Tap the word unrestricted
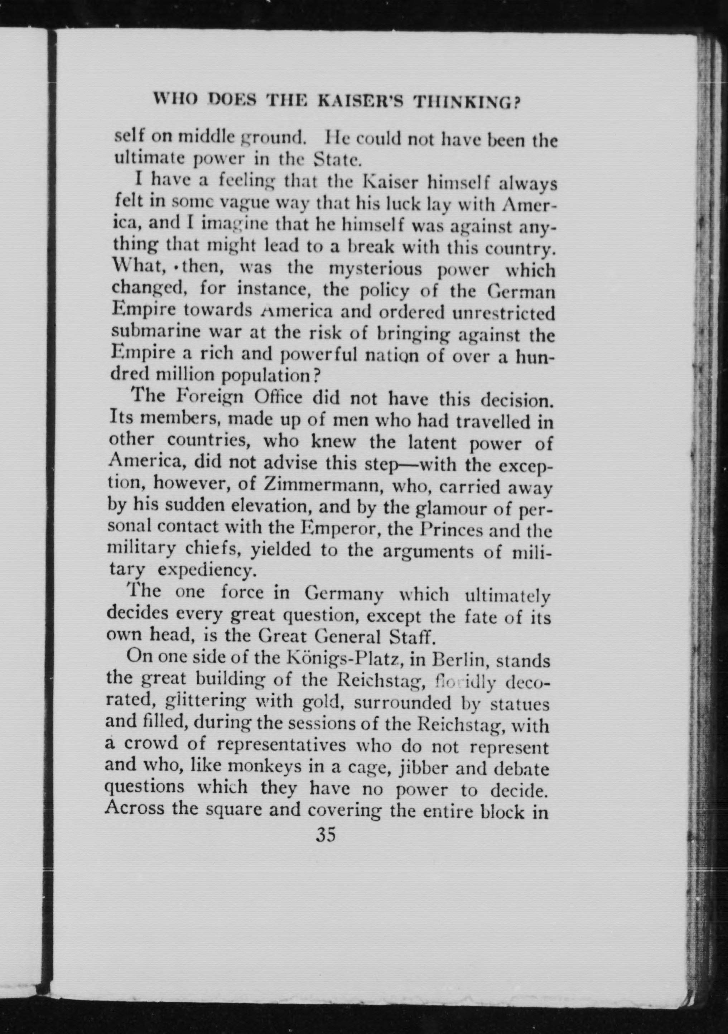click(x=503, y=312)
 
